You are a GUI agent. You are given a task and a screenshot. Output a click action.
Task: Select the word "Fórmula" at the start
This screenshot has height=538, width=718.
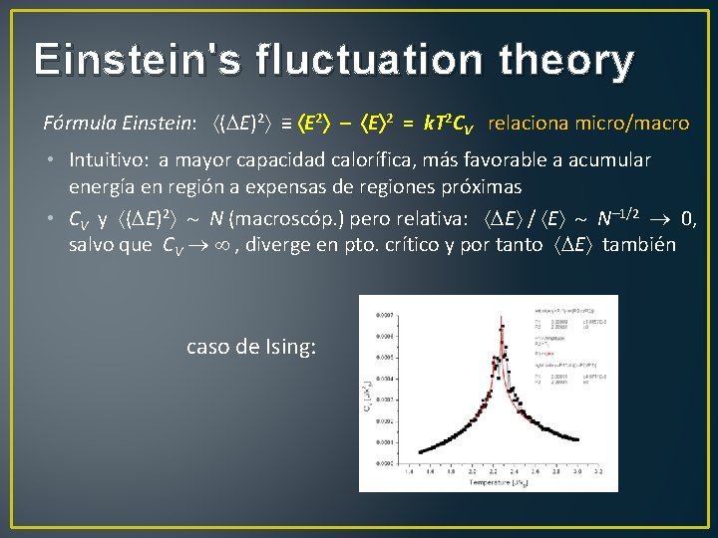(77, 124)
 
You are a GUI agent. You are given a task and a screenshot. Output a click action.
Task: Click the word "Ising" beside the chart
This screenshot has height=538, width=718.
(290, 348)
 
